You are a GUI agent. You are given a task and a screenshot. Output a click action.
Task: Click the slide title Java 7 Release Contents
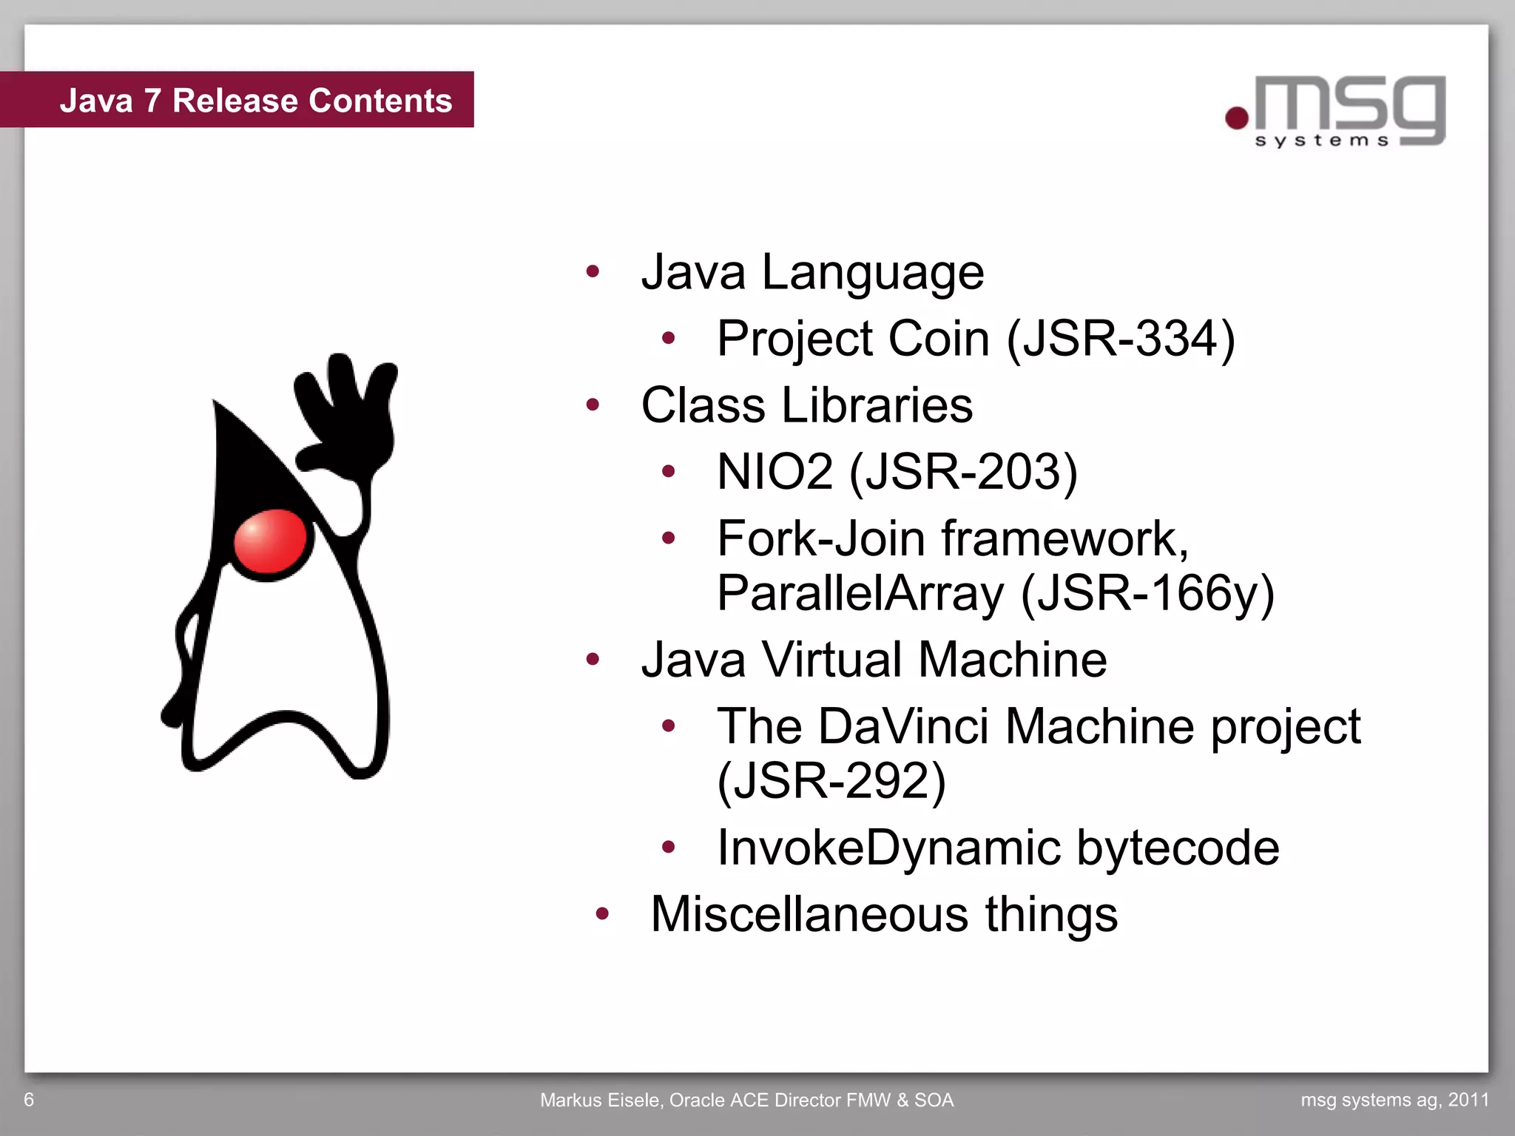[255, 101]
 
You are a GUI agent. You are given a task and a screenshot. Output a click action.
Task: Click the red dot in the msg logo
[1237, 118]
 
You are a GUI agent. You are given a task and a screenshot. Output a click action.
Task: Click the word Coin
[938, 339]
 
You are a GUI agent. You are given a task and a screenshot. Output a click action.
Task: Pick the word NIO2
[775, 472]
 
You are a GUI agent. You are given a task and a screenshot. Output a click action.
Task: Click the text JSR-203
[964, 472]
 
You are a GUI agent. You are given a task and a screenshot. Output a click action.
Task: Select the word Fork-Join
[820, 538]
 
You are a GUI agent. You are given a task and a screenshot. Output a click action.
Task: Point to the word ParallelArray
[860, 593]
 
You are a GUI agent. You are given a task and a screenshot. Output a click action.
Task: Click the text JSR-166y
[1147, 593]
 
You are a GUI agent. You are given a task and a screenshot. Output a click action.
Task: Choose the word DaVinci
[903, 726]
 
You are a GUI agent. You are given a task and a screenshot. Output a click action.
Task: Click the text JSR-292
[832, 781]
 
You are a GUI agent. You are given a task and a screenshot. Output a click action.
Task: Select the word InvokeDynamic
[887, 848]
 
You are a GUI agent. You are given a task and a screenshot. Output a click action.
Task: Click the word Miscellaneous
[809, 914]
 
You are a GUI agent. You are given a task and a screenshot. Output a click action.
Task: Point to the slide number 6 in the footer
[29, 1100]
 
